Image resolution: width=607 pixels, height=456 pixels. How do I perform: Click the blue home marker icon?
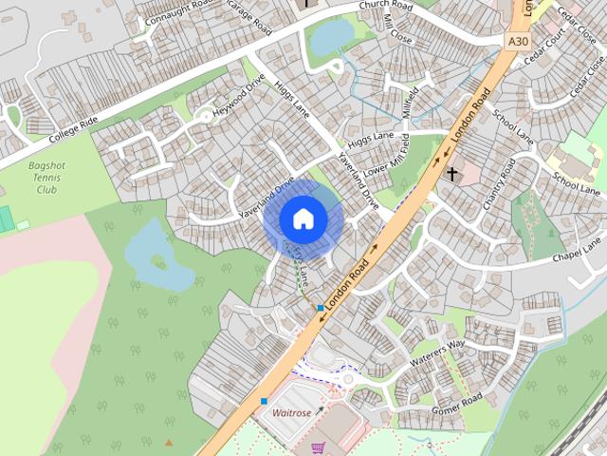tap(303, 219)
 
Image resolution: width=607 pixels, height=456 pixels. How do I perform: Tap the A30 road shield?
tap(518, 42)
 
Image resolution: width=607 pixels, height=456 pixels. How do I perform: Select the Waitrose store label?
tap(292, 413)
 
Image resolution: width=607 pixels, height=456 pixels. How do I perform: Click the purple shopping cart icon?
tap(319, 447)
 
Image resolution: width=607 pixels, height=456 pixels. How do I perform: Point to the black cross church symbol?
tap(452, 174)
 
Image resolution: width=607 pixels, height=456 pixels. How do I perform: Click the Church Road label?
tap(387, 6)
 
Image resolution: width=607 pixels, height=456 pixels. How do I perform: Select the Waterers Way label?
tap(437, 352)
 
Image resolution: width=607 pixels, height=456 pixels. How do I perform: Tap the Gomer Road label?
tap(457, 403)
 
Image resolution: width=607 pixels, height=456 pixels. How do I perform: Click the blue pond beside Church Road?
tap(331, 37)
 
